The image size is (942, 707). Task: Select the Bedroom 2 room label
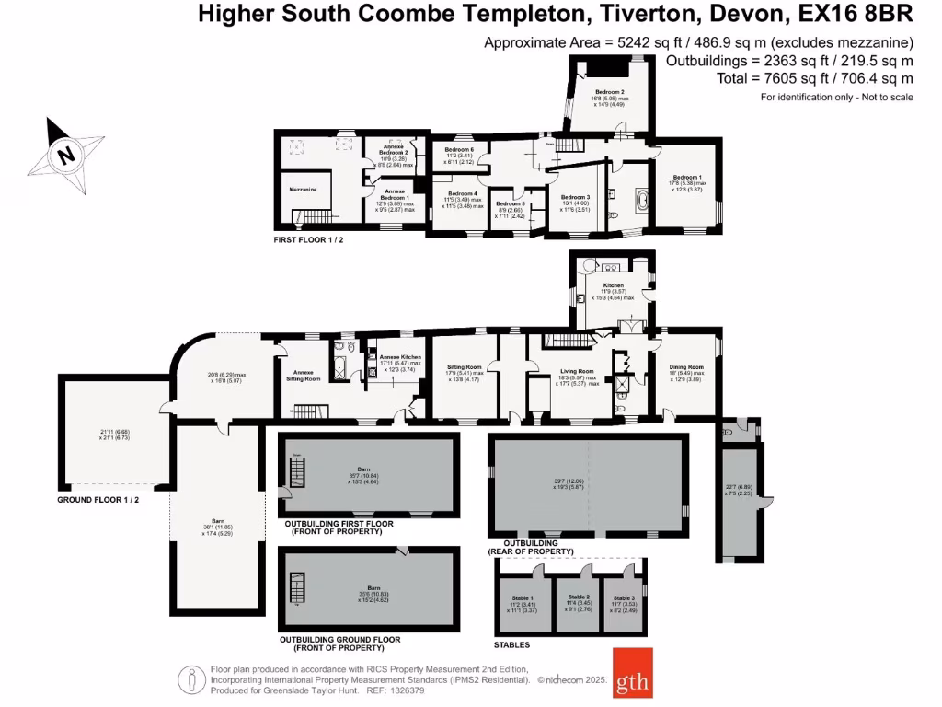click(609, 92)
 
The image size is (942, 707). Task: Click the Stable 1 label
click(524, 597)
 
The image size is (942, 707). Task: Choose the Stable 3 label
click(624, 597)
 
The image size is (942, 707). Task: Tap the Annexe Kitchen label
click(400, 356)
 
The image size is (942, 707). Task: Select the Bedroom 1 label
click(686, 177)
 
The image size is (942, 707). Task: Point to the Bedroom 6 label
click(459, 149)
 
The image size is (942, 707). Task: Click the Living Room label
click(577, 372)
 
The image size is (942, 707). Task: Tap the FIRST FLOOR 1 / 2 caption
click(308, 239)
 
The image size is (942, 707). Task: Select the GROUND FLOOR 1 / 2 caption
click(97, 499)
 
